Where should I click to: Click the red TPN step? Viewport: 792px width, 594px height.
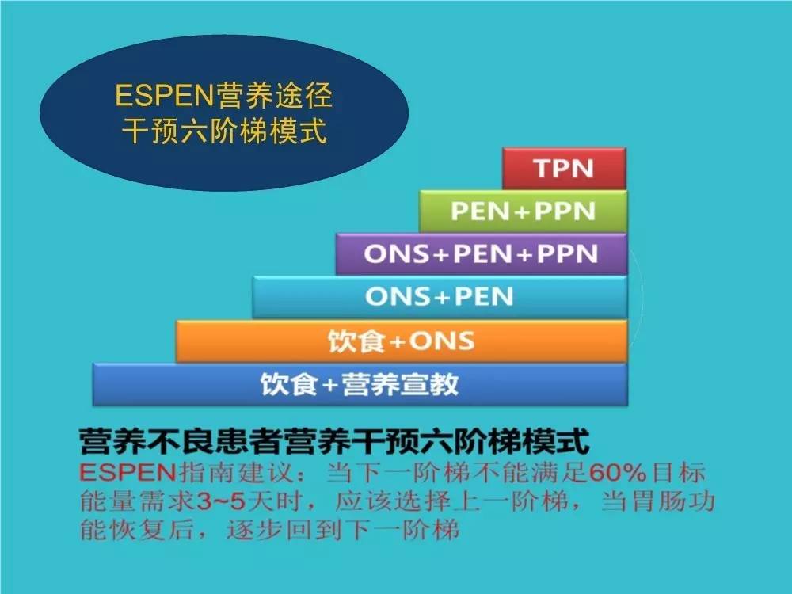(x=564, y=169)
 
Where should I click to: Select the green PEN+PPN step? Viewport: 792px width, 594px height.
(x=523, y=211)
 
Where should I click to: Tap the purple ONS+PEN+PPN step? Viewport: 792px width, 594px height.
(x=481, y=254)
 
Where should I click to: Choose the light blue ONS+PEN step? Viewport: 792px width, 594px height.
(x=440, y=297)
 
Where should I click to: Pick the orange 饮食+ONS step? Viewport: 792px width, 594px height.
(x=402, y=341)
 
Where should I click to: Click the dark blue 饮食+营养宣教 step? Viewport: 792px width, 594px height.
(x=360, y=384)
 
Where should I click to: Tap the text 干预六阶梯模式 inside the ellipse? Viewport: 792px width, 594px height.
(x=223, y=131)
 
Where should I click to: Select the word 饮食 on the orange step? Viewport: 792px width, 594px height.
(x=352, y=341)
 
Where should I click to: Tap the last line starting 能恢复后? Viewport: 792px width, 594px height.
(x=269, y=530)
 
